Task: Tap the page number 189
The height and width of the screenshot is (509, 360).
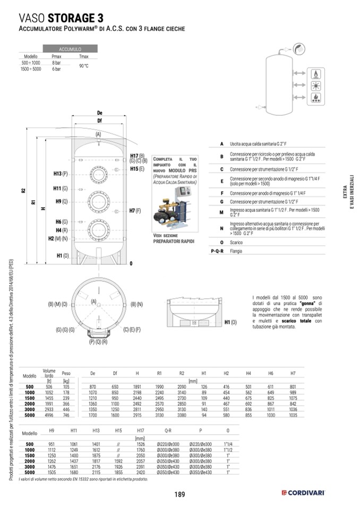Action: pos(179,495)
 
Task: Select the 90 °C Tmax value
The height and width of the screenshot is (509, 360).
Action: pos(83,66)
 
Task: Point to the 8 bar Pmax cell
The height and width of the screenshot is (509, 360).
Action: pos(56,63)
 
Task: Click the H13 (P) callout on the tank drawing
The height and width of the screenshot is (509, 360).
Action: pos(61,174)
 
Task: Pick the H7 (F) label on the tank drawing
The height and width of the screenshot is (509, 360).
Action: pos(135,211)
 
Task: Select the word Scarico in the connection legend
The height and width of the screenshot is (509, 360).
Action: pos(236,242)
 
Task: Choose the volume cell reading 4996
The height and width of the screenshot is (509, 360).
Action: pos(49,416)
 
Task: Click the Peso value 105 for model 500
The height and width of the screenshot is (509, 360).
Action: pos(66,387)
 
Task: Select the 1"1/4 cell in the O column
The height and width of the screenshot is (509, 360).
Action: pos(228,443)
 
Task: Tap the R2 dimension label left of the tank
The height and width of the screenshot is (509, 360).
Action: pos(23,191)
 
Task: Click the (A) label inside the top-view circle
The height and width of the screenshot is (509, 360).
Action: pos(93,301)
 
